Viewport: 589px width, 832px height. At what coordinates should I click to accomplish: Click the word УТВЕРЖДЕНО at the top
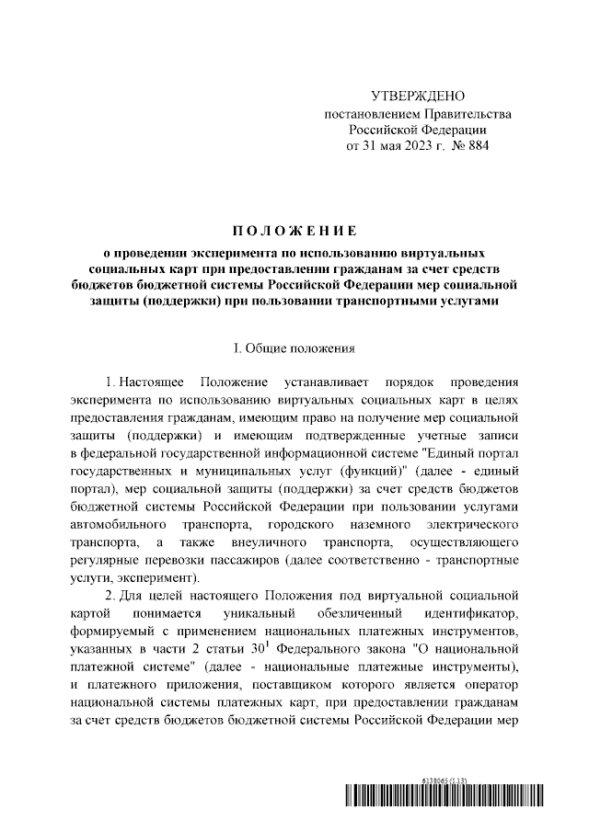[418, 97]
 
